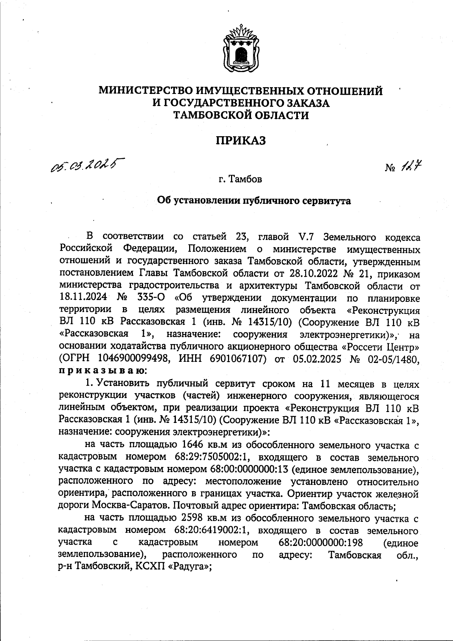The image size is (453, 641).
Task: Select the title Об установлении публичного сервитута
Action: [254, 201]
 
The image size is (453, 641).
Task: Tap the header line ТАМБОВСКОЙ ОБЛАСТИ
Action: [240, 115]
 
